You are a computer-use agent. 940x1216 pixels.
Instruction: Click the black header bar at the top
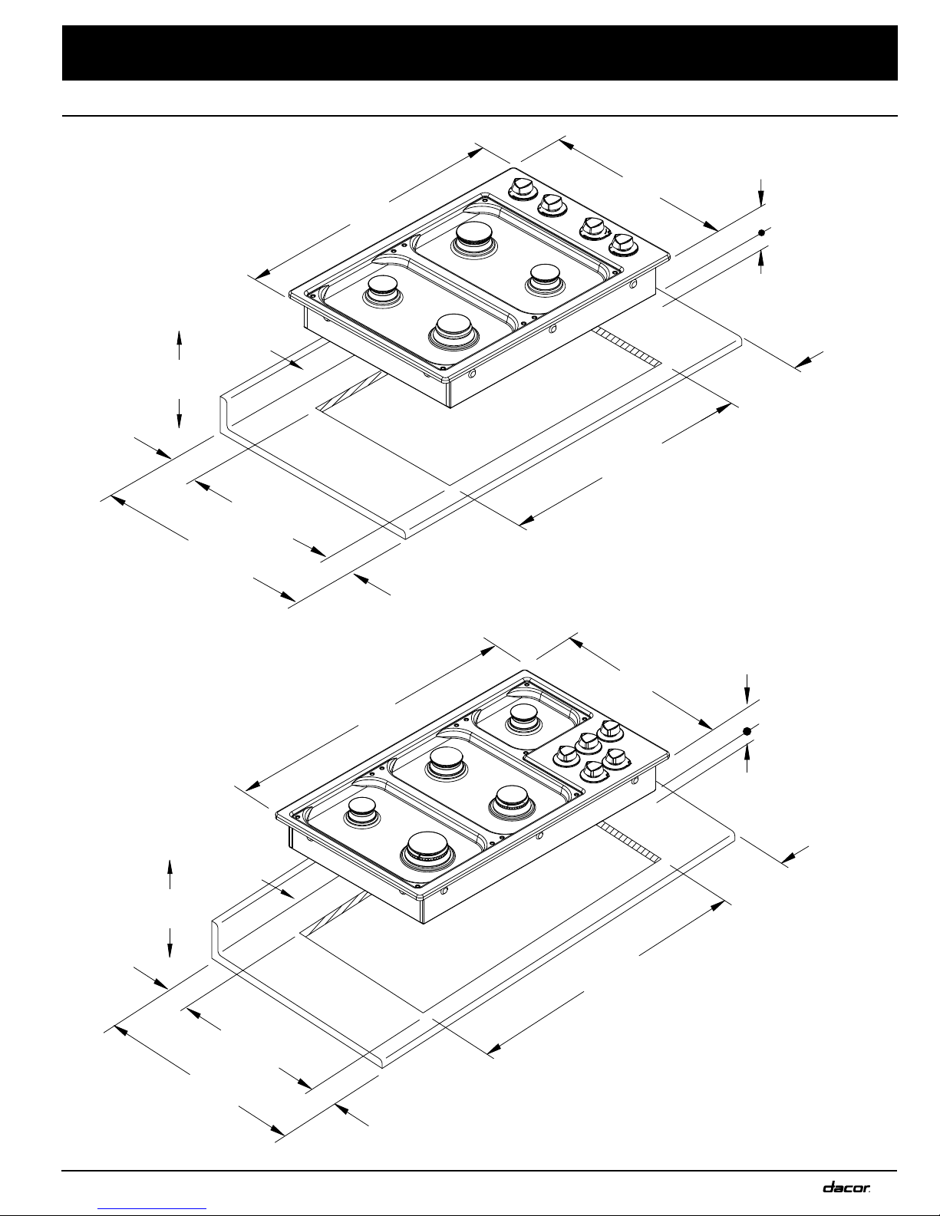[x=480, y=53]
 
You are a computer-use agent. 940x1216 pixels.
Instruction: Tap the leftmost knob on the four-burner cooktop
[x=523, y=189]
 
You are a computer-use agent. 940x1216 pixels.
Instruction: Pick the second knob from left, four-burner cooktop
[x=552, y=206]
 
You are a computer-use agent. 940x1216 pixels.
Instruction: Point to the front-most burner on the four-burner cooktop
[x=454, y=332]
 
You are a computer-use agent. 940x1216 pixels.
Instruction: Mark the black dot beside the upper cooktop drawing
[x=761, y=232]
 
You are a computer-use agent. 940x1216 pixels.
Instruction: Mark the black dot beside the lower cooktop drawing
[x=747, y=731]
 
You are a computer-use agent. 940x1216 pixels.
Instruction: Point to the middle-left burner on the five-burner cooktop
[x=446, y=762]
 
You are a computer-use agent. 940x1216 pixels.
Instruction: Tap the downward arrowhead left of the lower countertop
[x=170, y=951]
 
